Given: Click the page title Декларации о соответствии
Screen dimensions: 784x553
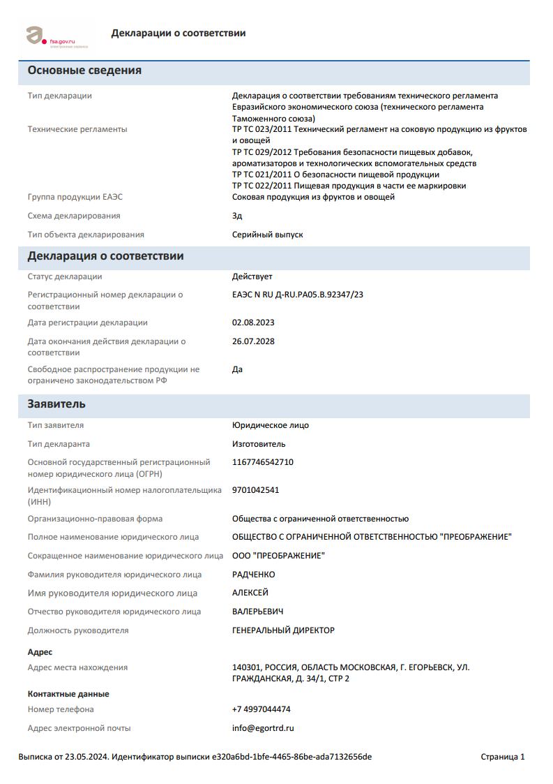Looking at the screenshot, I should point(178,33).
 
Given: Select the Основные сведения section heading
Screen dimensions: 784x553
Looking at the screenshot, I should point(84,71).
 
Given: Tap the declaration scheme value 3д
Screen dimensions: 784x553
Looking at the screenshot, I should point(237,216).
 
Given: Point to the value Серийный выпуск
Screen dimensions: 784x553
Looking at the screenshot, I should point(267,235).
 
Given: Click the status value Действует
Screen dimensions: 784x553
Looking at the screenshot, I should point(252,276).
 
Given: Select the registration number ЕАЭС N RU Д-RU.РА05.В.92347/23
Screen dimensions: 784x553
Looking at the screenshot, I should point(297,295).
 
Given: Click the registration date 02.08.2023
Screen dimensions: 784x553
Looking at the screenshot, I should point(253,323).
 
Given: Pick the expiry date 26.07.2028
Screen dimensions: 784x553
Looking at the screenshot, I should point(253,341).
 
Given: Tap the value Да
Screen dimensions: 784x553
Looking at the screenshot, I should point(237,369).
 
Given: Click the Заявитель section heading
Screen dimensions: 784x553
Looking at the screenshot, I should point(56,404).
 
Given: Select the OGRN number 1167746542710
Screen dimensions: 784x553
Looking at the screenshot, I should point(262,462).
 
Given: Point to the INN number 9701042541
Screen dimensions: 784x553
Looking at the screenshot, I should point(255,490).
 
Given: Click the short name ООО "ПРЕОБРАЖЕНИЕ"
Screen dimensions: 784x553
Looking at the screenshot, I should point(278,556).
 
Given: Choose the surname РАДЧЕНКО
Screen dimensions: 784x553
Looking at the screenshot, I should point(253,575).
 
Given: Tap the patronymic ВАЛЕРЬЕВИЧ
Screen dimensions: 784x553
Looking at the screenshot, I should point(257,612).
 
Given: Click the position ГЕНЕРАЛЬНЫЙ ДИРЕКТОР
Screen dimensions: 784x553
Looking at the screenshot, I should point(283,630).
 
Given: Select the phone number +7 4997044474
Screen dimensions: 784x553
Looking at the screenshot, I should point(261,709).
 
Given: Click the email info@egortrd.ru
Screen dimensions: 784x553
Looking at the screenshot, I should point(263,728).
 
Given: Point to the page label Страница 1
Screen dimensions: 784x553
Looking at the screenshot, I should point(502,757).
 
